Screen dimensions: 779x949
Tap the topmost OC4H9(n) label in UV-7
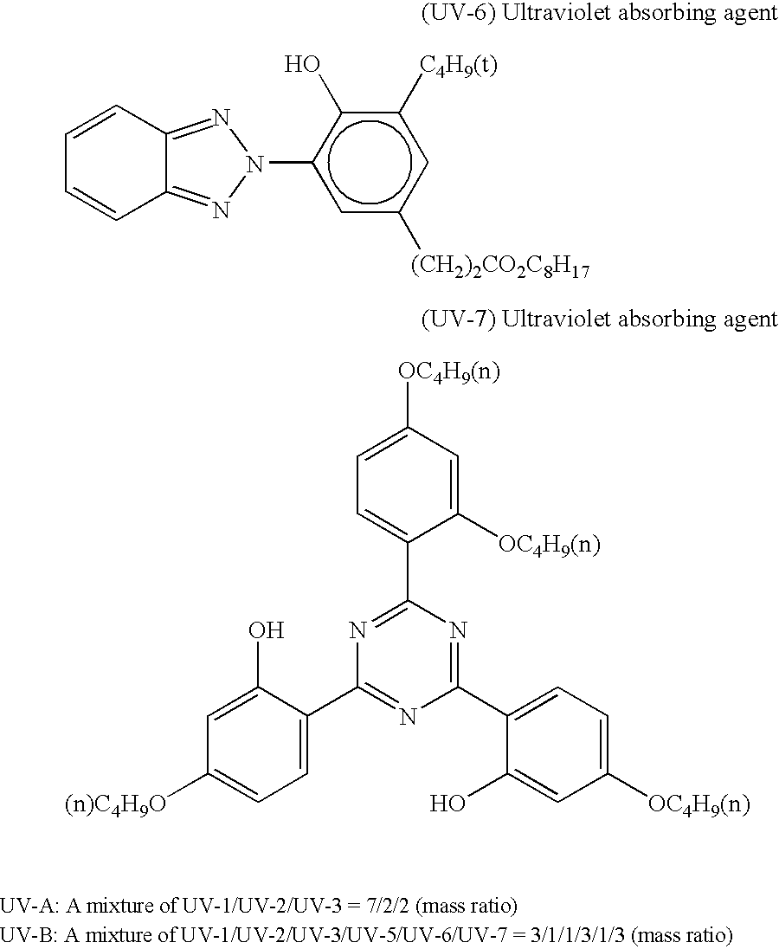448,373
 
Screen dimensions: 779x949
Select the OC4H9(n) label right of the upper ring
549,546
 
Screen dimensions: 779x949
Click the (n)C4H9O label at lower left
116,804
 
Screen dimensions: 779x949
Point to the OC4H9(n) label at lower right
699,804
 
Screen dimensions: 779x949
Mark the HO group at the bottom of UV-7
447,804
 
